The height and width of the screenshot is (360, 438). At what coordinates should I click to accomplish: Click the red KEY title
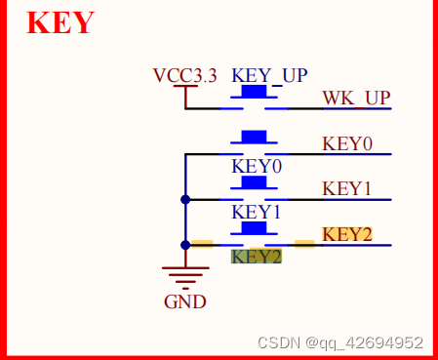(x=60, y=22)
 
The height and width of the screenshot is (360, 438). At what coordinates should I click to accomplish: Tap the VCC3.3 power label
(x=184, y=76)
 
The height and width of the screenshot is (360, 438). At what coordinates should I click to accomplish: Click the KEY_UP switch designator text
(x=269, y=76)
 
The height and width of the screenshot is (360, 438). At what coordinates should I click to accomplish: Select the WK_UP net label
(x=356, y=98)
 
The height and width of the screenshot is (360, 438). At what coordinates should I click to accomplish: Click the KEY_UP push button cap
(x=254, y=91)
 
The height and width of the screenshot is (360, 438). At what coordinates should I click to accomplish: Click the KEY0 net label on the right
(x=347, y=143)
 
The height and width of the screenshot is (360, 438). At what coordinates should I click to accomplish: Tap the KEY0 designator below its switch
(x=257, y=167)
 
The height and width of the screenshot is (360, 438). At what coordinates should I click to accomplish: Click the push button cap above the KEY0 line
(x=254, y=137)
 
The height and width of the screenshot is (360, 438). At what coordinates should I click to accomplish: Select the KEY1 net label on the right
(x=346, y=189)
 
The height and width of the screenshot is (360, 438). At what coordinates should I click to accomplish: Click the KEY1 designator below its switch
(x=256, y=212)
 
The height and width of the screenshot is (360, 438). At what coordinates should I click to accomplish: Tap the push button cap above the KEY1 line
(x=254, y=182)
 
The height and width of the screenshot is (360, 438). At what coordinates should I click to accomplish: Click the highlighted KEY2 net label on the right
(x=347, y=234)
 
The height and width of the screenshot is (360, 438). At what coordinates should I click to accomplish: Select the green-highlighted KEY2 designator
(x=257, y=257)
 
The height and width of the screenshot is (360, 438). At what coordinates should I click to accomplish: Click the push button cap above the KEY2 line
(x=254, y=227)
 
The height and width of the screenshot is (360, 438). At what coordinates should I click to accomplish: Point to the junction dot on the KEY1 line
(x=185, y=200)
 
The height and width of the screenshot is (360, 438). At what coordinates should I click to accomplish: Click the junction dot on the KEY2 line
(x=185, y=245)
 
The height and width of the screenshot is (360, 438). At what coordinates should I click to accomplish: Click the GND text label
(x=185, y=301)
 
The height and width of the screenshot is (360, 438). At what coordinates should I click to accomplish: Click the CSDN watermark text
(x=340, y=342)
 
